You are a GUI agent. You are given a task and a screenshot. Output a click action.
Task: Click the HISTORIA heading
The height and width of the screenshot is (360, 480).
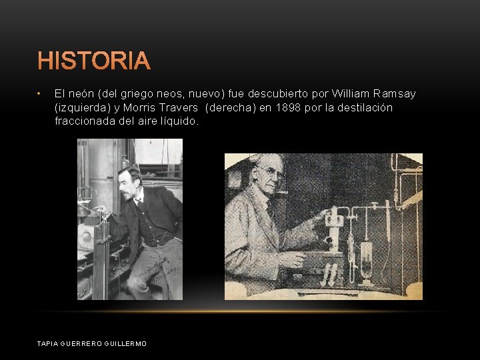[x=94, y=61]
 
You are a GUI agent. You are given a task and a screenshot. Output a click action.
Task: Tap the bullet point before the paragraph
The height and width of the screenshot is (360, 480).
[x=40, y=94]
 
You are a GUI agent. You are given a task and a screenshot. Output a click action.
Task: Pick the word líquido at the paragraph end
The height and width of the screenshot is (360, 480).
[x=179, y=121]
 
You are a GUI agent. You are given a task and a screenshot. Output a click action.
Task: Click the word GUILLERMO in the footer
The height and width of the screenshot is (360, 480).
[x=125, y=343]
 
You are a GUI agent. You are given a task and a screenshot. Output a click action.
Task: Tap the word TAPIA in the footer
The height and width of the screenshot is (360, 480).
[x=48, y=343]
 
